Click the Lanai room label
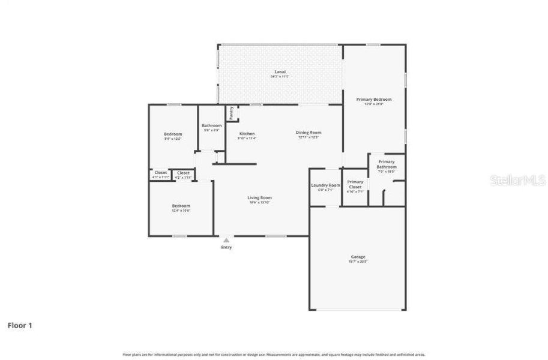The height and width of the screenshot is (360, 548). (x=280, y=72)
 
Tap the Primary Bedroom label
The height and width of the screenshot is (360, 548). (x=373, y=99)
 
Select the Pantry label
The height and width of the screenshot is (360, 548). (x=231, y=113)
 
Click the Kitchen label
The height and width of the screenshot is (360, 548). (x=247, y=133)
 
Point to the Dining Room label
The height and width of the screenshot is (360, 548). (x=309, y=133)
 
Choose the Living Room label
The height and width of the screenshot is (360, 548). (x=260, y=197)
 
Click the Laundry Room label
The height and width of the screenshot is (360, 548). (x=325, y=185)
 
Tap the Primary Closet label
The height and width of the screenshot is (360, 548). (x=355, y=184)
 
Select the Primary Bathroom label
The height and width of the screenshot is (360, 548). (x=386, y=164)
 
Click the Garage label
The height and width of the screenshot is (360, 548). (x=358, y=257)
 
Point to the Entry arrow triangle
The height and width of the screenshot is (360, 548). (x=226, y=240)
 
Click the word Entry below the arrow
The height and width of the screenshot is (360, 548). (x=226, y=247)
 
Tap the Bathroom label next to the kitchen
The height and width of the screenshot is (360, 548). (x=211, y=125)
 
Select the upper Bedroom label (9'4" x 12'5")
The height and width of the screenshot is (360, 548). (x=173, y=134)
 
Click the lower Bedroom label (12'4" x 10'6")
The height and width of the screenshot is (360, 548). (x=181, y=205)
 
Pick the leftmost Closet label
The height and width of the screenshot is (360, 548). (x=161, y=173)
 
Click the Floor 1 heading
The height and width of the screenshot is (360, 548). (x=20, y=325)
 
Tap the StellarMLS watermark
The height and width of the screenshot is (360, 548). (x=517, y=180)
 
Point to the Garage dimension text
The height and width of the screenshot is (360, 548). (x=358, y=262)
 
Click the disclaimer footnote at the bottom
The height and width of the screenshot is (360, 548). (x=274, y=355)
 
